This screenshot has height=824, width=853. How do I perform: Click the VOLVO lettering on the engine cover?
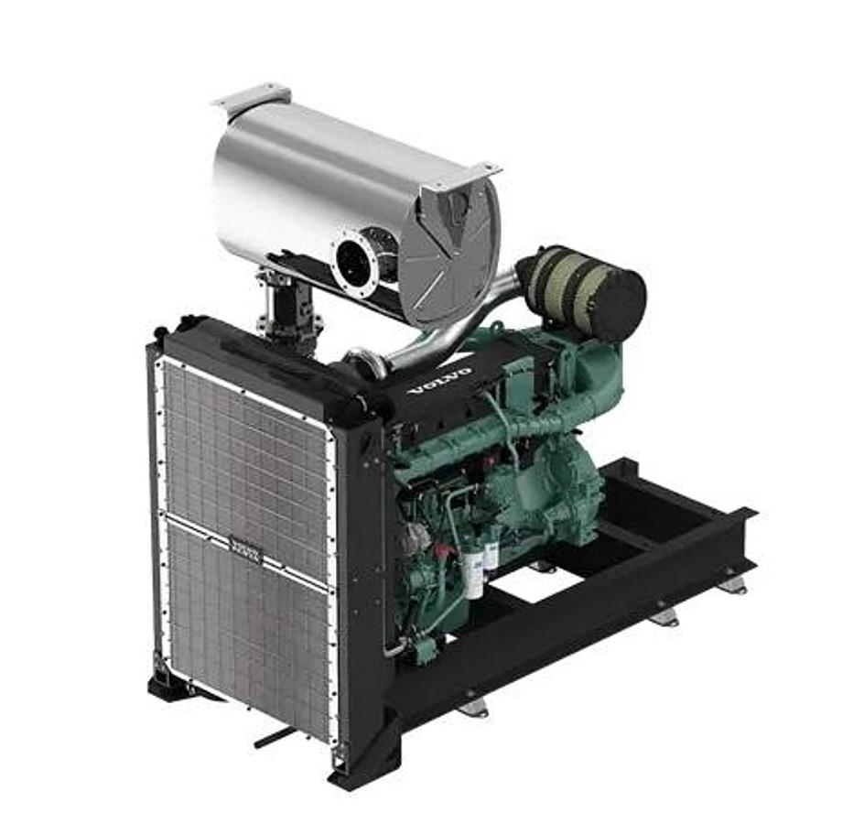point(441,380)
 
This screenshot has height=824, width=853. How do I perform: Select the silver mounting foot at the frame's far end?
point(732,584)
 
